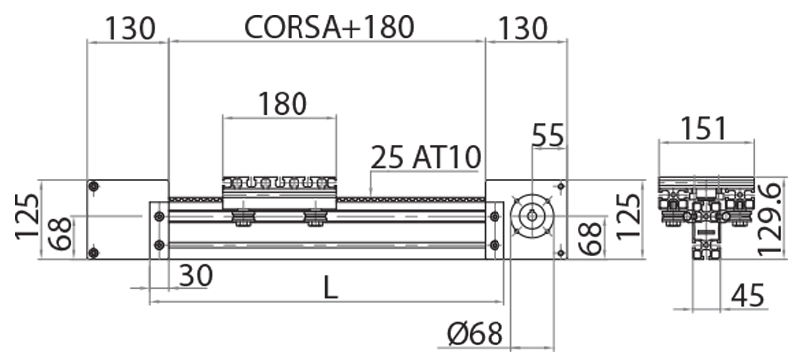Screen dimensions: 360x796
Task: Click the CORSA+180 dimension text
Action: [x=328, y=27]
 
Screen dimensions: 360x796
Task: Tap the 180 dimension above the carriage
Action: [x=282, y=102]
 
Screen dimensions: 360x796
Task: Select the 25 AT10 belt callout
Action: [x=425, y=157]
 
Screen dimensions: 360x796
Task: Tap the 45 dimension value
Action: [x=751, y=295]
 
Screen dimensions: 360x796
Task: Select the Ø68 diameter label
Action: [x=473, y=335]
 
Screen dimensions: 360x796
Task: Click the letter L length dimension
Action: [x=331, y=287]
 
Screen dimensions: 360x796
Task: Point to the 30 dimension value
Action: [x=196, y=275]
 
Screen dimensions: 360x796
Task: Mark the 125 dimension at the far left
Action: [x=27, y=219]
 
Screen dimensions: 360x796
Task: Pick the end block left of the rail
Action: [x=127, y=219]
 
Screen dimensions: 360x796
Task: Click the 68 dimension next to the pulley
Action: [x=589, y=239]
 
